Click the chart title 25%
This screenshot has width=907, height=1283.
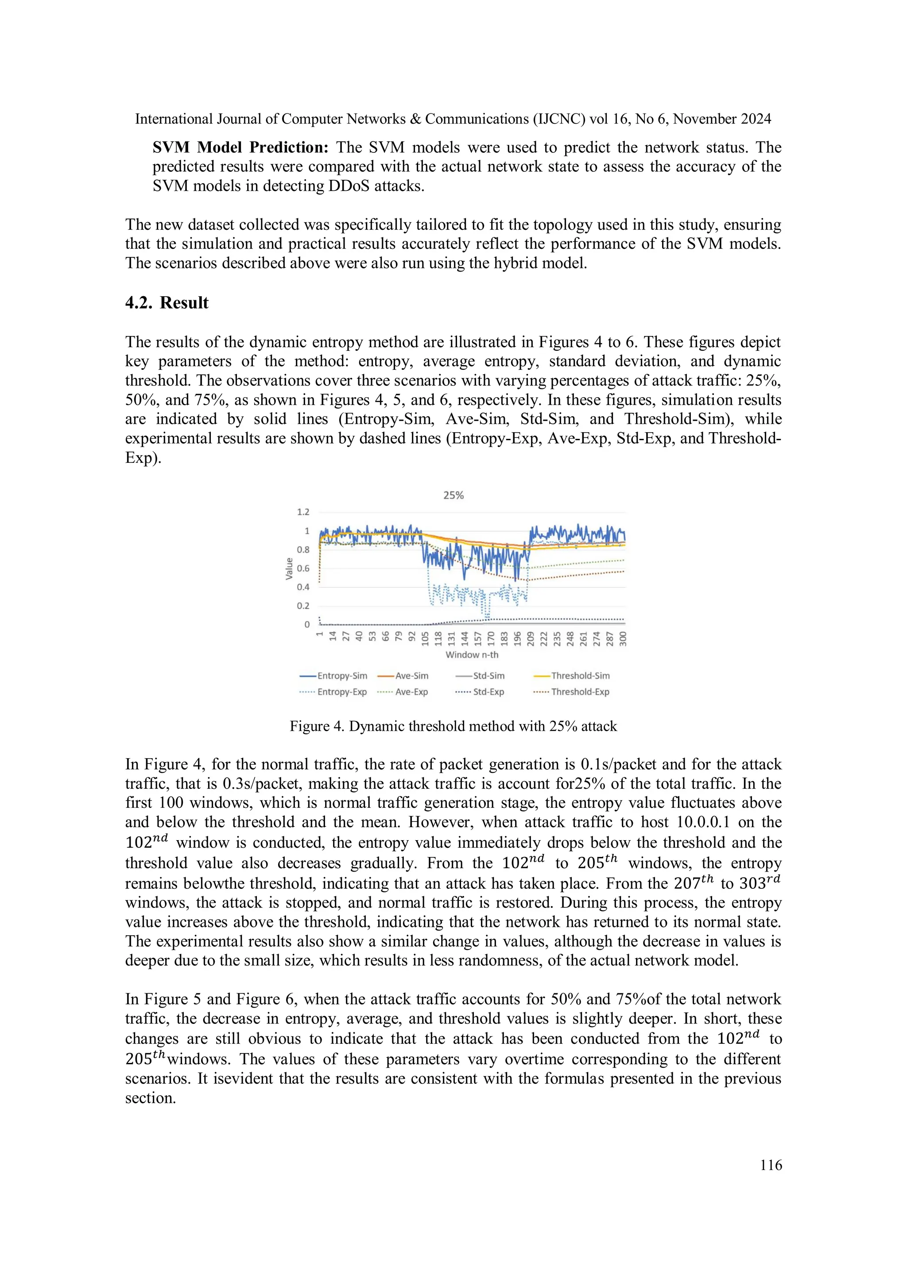point(453,495)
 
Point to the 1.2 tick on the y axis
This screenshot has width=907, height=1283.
point(303,512)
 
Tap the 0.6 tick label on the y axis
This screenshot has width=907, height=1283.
point(303,568)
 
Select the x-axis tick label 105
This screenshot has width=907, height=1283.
point(425,639)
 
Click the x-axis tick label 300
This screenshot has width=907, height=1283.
point(624,639)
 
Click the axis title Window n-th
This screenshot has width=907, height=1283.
point(472,655)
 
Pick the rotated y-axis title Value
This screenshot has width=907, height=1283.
point(289,568)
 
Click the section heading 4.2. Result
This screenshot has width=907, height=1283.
point(167,303)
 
